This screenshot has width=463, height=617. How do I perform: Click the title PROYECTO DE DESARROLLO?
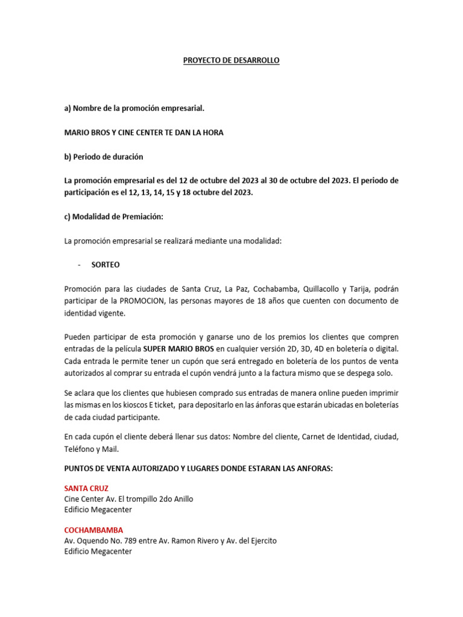[231, 61]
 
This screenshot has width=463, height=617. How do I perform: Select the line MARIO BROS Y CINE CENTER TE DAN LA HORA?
[143, 133]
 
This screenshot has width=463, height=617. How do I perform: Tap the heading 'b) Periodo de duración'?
[104, 157]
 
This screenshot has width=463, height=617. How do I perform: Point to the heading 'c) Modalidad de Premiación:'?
[114, 217]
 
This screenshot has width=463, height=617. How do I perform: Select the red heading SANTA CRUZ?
[86, 488]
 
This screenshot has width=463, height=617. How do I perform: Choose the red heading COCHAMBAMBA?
[93, 530]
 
